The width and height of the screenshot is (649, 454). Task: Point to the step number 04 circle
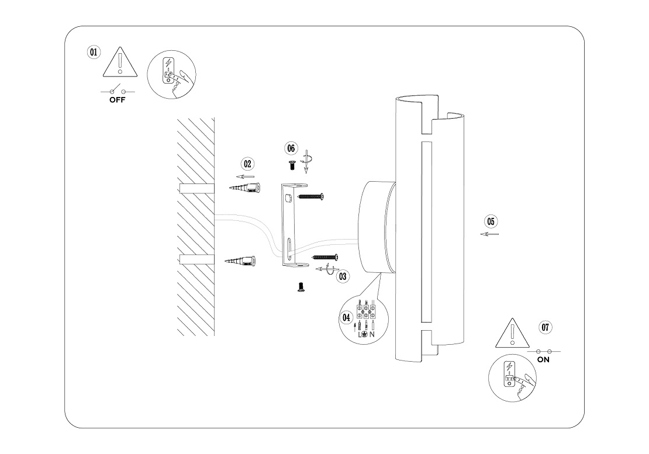coord(347,317)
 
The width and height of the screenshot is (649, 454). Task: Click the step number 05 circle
coord(491,221)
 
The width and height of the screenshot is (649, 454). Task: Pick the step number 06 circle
coord(291,148)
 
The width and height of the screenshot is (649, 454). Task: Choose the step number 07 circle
coord(545,327)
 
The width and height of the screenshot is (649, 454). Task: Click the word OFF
coord(117,99)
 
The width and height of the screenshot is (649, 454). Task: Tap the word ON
coord(543,360)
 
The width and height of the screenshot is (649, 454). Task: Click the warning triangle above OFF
coord(119,63)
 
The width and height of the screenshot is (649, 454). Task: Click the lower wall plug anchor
coord(241,261)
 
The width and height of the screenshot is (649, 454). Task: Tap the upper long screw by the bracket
coord(310,197)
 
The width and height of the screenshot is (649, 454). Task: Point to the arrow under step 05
coord(489,234)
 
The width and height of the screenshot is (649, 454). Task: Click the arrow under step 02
coord(246,176)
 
